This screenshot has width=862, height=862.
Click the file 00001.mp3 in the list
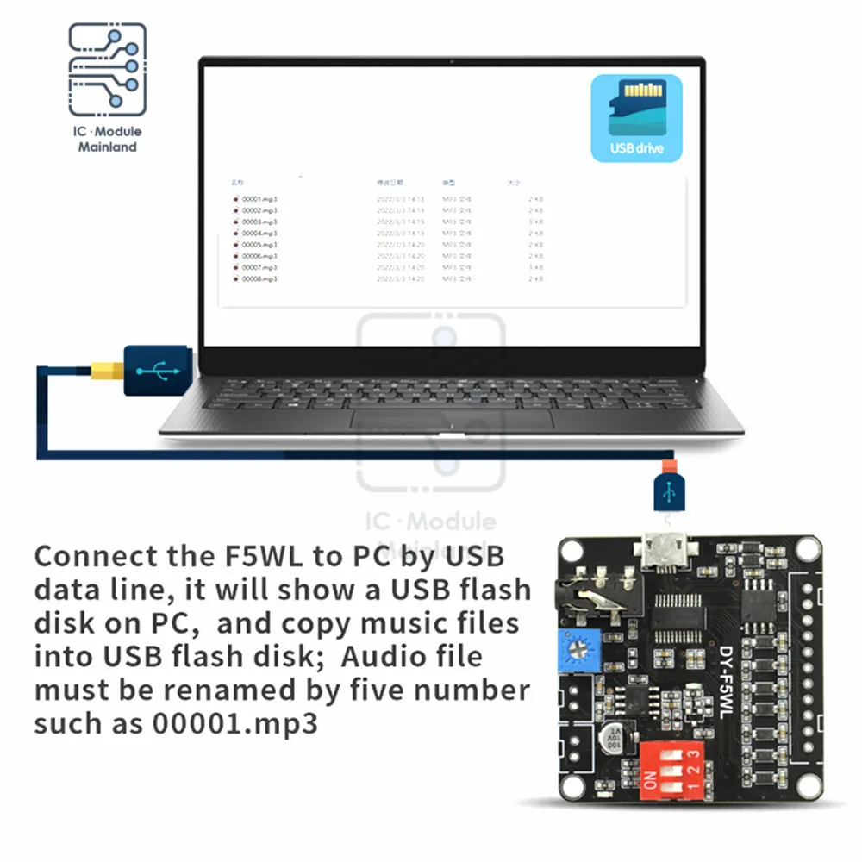(259, 199)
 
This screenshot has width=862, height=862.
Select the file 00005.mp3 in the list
(259, 245)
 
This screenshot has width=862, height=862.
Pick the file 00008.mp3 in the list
(259, 279)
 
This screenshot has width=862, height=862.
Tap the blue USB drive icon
(636, 118)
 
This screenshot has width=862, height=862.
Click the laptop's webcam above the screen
(452, 61)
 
